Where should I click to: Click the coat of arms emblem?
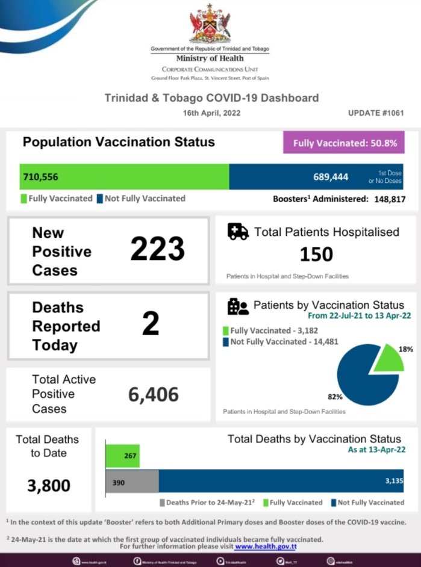coord(210,25)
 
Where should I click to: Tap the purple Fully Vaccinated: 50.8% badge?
coord(344,143)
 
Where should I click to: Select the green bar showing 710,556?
coord(124,177)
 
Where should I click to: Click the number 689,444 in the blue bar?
coord(331,177)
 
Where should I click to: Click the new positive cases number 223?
coord(158,249)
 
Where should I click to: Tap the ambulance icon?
coord(238,232)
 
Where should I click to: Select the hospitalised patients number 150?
coord(316,254)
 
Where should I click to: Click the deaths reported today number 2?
coord(151,324)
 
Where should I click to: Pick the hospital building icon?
coord(237,306)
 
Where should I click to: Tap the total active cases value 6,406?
coord(154,394)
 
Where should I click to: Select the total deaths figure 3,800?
coord(49,485)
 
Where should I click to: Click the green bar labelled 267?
coord(123,456)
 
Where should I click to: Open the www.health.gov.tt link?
coord(265,547)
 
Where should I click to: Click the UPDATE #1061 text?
coord(375,113)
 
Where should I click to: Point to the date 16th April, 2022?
coord(210,113)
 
